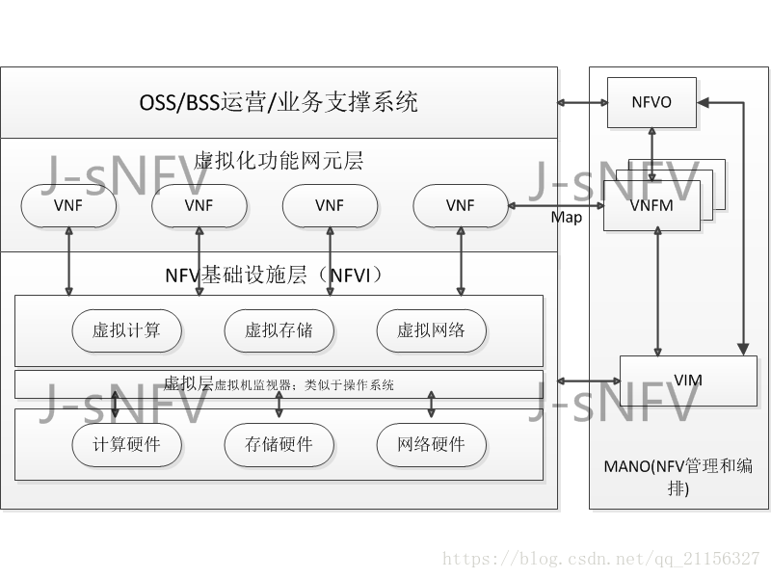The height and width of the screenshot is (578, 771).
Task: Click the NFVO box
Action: pyautogui.click(x=651, y=101)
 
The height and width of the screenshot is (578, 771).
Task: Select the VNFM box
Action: pyautogui.click(x=651, y=204)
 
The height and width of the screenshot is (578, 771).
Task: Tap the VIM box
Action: pyautogui.click(x=688, y=380)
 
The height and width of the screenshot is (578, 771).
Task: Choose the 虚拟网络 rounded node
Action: pyautogui.click(x=431, y=330)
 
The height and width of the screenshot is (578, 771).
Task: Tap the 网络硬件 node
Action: pyautogui.click(x=431, y=444)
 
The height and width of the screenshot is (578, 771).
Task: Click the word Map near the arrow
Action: pyautogui.click(x=567, y=218)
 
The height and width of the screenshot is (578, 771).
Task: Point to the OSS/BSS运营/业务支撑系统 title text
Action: pyautogui.click(x=279, y=102)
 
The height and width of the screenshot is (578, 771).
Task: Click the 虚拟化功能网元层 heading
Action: pyautogui.click(x=279, y=160)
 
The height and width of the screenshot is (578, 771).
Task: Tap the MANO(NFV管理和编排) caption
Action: pyautogui.click(x=678, y=477)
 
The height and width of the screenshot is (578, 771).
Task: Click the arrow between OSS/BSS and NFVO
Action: pyautogui.click(x=582, y=101)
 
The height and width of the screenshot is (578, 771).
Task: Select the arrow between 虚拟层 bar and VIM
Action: pyautogui.click(x=581, y=381)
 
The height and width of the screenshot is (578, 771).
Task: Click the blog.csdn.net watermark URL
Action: pyautogui.click(x=600, y=559)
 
